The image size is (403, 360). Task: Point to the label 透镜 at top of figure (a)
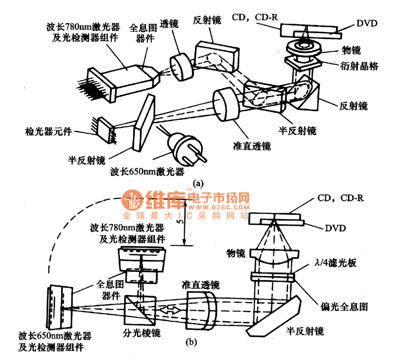coord(169,24)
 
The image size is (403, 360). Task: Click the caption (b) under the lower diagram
coord(191,343)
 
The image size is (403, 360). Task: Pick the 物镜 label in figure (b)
coord(236,252)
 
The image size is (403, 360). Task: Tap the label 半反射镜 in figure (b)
coord(304,331)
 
